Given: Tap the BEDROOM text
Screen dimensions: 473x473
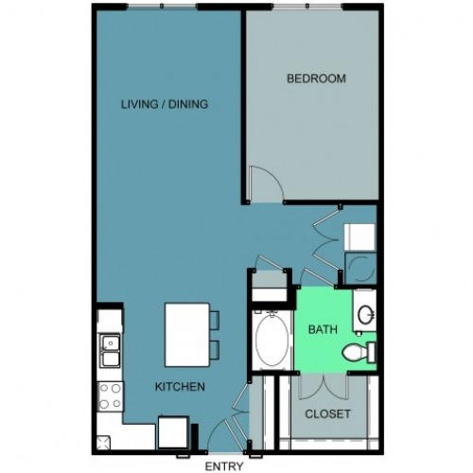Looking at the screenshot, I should click(x=316, y=79).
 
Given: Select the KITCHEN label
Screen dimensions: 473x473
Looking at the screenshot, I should click(x=180, y=387).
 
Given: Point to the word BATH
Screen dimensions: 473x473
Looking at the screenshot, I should click(x=322, y=330).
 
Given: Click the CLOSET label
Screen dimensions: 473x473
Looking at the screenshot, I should click(x=327, y=414).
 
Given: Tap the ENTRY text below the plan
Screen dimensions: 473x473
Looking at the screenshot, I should click(x=223, y=465).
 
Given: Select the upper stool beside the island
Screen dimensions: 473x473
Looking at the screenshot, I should click(x=214, y=320).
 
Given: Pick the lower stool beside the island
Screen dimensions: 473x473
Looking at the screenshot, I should click(x=214, y=348).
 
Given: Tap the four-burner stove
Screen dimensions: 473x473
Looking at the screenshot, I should click(x=111, y=396).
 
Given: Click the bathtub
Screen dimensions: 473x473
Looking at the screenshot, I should click(x=271, y=340).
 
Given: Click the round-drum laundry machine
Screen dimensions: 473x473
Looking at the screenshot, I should click(x=361, y=268).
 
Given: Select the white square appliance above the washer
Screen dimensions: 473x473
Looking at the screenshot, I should click(x=359, y=236).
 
